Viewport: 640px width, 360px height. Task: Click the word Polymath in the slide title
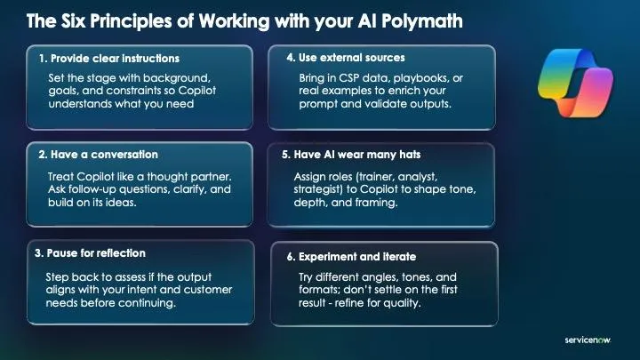coord(422,21)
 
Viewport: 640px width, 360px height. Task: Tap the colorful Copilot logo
coord(575,84)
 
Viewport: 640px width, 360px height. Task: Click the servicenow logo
coord(588,340)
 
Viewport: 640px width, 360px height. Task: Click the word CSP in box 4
coord(348,78)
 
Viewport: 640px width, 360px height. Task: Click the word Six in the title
coord(74,21)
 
